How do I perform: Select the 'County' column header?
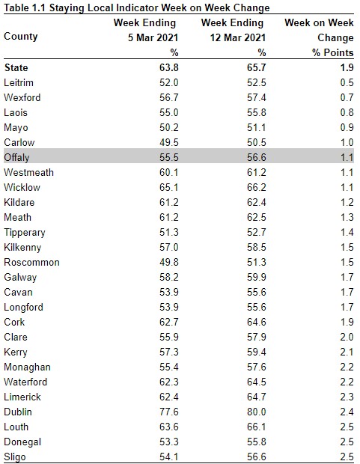(21, 37)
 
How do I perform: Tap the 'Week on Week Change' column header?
(319, 30)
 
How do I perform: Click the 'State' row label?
(16, 67)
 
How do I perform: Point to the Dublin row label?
(18, 412)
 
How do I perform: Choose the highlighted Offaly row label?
(16, 157)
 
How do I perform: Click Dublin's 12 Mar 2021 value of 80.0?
(257, 412)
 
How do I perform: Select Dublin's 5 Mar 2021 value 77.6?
(168, 412)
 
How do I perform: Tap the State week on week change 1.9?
(347, 67)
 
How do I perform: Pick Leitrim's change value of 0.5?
(347, 82)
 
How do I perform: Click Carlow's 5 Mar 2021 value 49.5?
(168, 142)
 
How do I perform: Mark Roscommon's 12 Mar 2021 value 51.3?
(257, 262)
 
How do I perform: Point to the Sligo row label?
(15, 457)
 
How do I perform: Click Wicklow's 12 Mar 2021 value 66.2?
(257, 187)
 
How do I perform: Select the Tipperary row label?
(25, 233)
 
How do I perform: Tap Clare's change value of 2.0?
(347, 337)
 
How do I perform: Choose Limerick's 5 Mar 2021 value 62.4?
(168, 397)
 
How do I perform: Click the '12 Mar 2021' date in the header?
(238, 38)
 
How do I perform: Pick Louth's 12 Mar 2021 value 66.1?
(257, 427)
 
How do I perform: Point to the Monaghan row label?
(27, 367)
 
